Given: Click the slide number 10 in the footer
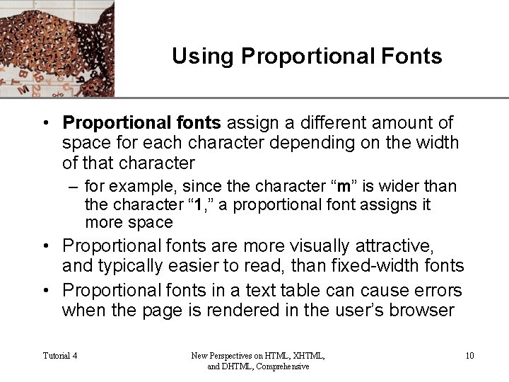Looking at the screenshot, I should (x=469, y=356).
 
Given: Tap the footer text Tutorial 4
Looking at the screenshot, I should (x=60, y=356).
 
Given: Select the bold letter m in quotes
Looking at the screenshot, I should (x=345, y=187).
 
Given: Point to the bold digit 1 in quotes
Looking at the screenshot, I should (x=199, y=205).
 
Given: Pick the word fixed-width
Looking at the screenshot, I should (x=373, y=266).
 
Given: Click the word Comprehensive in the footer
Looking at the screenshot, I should (x=282, y=366).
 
